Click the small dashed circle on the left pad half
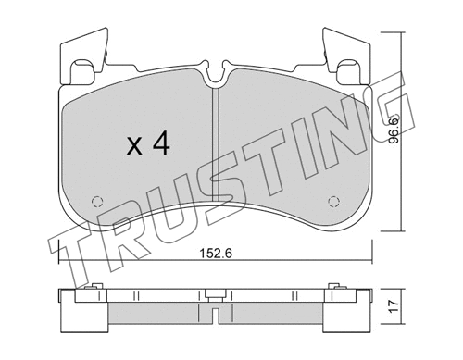tap(96, 202)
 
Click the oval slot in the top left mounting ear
tap(80, 68)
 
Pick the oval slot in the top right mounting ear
tap(350, 68)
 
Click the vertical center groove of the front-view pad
tap(215, 139)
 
